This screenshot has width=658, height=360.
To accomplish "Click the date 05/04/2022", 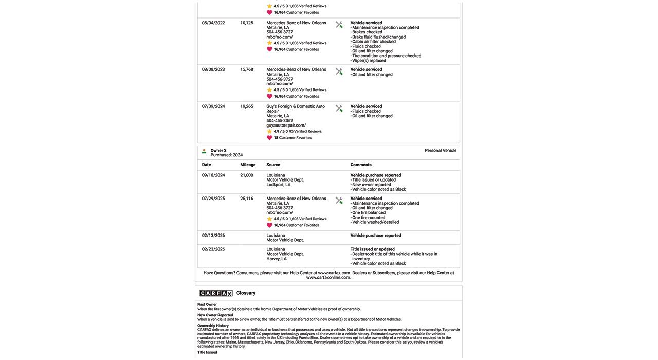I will point(213,23).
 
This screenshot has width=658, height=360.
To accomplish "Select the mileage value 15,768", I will point(247,69).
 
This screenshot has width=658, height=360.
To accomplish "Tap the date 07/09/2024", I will point(213,106).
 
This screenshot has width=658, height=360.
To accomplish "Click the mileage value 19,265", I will point(247,106).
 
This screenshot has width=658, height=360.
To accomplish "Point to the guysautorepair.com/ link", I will point(286,125).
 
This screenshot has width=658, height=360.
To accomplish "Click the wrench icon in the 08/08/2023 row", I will point(339,71).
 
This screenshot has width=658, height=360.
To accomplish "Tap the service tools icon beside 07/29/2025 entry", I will point(339,201).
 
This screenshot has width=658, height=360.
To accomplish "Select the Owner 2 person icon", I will point(204,152).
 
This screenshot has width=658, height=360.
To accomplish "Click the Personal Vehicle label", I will point(441,151).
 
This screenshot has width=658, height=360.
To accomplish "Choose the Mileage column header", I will point(248,165).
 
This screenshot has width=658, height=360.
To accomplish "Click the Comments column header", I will point(361,165).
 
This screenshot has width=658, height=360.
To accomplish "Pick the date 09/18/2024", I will point(213,175).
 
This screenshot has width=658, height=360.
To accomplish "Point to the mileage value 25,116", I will point(247,199).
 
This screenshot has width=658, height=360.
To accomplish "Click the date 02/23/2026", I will point(213,249).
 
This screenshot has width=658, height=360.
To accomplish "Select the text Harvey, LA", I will point(277,259).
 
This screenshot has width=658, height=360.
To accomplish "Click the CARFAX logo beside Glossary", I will point(216,293).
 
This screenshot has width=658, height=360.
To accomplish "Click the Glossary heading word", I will point(246,293).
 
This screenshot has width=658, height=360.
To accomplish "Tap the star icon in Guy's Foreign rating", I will point(269,132).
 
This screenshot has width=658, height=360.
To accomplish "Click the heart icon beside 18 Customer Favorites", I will point(269,138).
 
